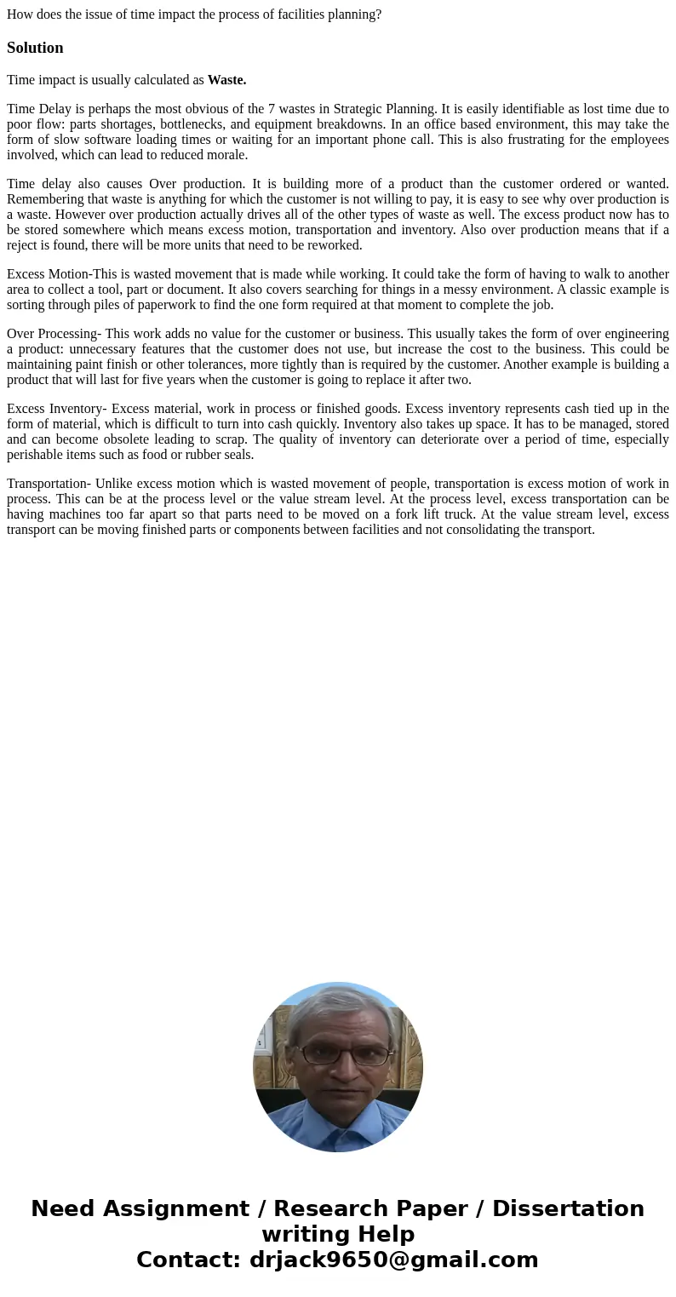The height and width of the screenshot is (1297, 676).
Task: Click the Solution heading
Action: (x=35, y=48)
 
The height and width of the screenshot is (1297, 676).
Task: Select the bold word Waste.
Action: (x=226, y=80)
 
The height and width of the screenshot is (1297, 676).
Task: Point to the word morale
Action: (x=227, y=155)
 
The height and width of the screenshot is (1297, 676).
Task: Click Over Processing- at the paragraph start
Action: (x=54, y=334)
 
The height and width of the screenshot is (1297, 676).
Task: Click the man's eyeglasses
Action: (x=343, y=1055)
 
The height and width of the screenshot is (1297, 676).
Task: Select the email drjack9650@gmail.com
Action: (x=393, y=1260)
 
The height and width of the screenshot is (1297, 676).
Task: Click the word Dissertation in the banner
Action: (x=568, y=1209)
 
